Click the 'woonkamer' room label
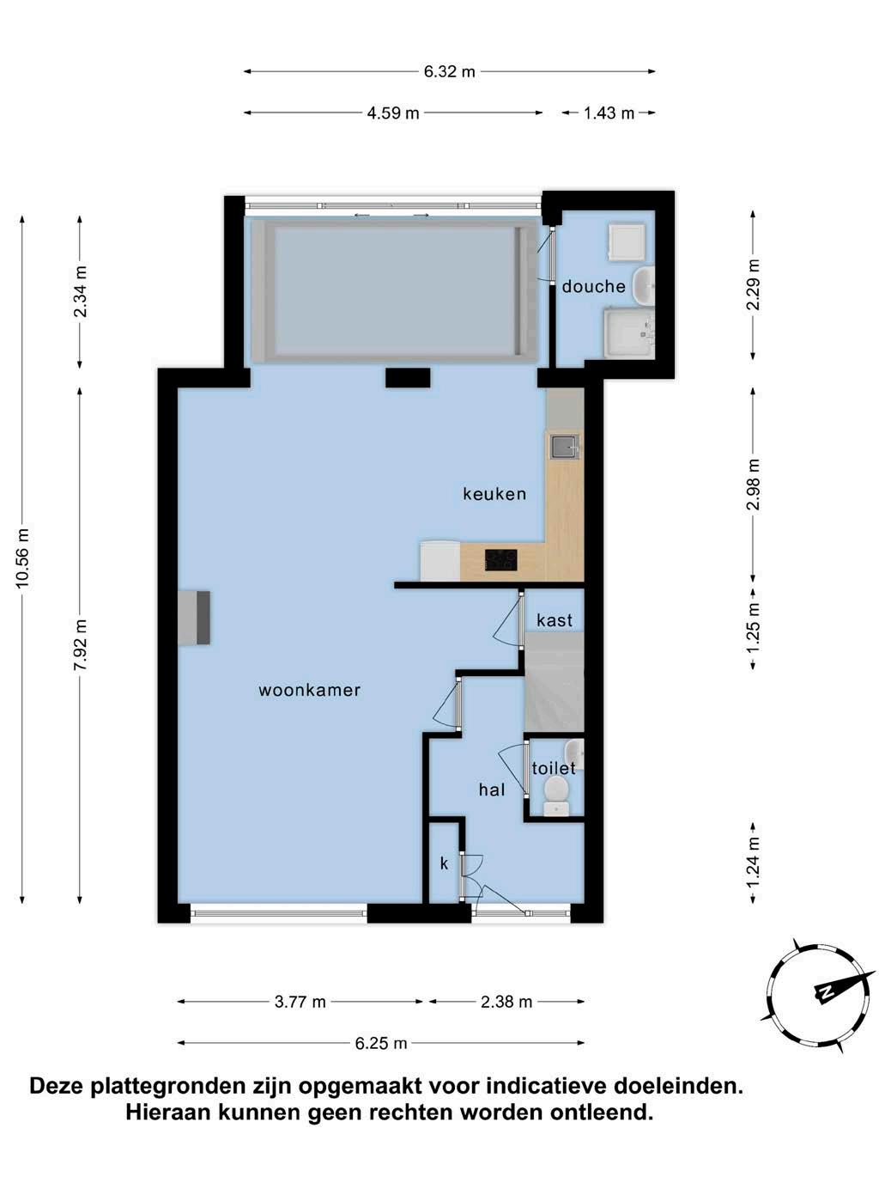click(309, 690)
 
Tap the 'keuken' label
click(494, 493)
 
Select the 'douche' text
click(593, 286)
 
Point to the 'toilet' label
click(554, 768)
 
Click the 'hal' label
click(492, 790)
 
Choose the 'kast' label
click(555, 620)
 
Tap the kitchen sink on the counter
click(564, 447)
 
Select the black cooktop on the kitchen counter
click(501, 560)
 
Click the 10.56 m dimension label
click(22, 557)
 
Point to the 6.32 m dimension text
click(449, 71)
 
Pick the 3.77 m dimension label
click(300, 1002)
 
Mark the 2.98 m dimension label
click(753, 485)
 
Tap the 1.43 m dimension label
click(609, 113)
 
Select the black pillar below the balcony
click(408, 377)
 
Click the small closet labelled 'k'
click(445, 863)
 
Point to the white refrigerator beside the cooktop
click(440, 561)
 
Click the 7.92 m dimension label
click(81, 644)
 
